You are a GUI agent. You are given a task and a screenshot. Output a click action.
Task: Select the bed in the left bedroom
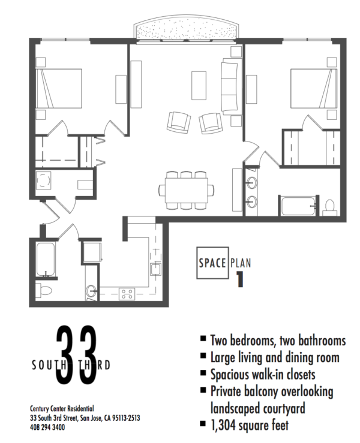[x=58, y=88]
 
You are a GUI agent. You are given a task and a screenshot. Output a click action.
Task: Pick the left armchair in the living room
[x=178, y=122]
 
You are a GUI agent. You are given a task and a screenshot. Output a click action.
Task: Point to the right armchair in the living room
[x=210, y=123]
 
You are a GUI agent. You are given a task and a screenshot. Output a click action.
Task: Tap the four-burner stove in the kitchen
[x=127, y=293]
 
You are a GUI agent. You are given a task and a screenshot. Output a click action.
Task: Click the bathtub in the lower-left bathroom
[x=46, y=259]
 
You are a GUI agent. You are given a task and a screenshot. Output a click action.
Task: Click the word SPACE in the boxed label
[x=212, y=262]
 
